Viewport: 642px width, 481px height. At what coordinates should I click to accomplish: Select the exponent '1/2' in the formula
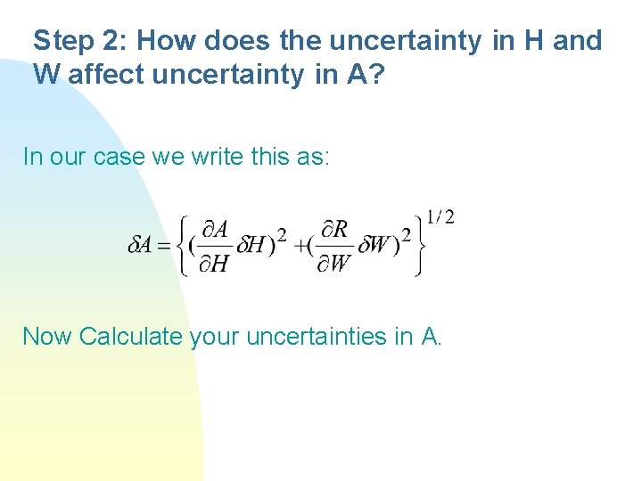click(x=440, y=216)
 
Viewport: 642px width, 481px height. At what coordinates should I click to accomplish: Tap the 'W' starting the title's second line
click(x=47, y=75)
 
